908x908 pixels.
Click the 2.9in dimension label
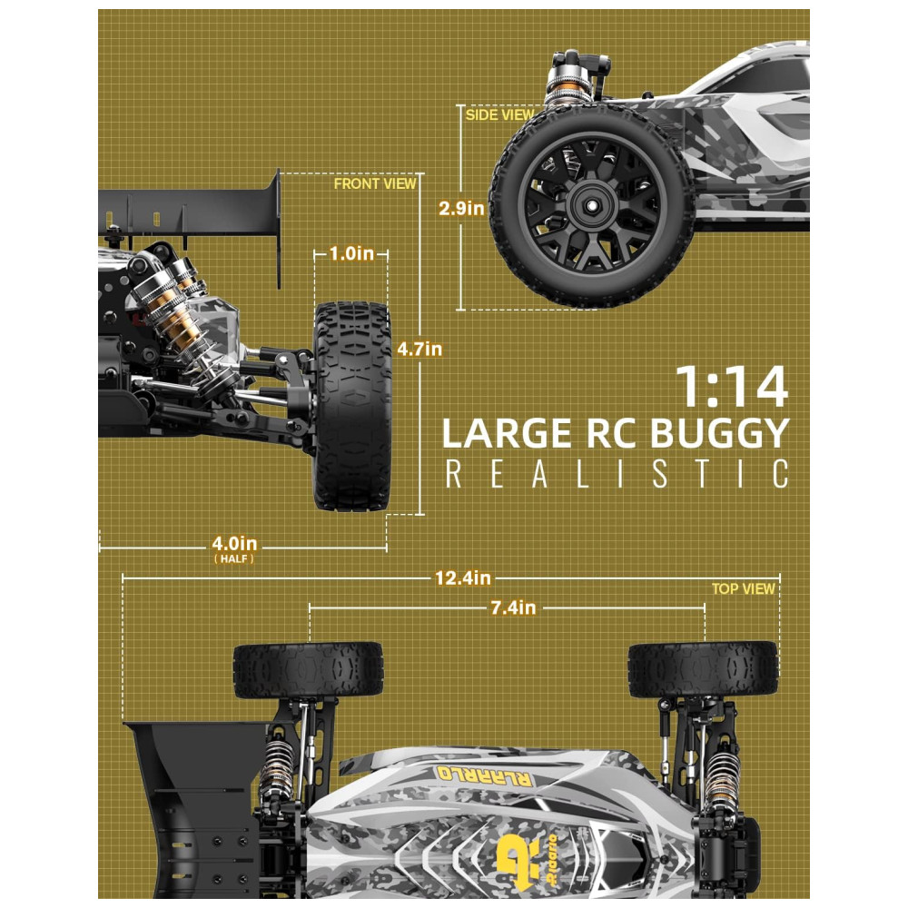coord(461,209)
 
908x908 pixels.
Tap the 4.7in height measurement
coord(419,350)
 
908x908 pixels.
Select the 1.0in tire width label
coord(351,253)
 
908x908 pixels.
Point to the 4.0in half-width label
coord(234,544)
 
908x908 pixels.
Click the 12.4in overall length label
coord(463,577)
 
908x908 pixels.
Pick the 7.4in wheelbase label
coord(513,608)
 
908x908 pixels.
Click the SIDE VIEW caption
coord(499,114)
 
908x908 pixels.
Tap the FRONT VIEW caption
coord(375,183)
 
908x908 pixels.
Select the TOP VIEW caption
coord(743,589)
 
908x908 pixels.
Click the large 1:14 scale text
coord(733,387)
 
